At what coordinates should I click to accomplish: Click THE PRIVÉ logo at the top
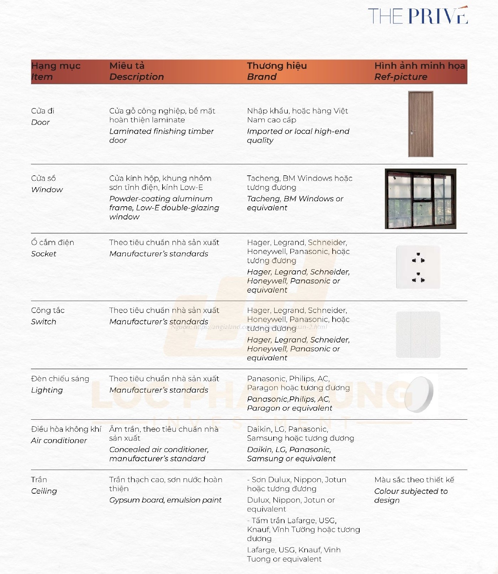pos(418,16)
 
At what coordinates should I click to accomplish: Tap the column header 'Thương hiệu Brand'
pos(276,71)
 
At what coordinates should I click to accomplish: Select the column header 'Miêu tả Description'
pos(136,71)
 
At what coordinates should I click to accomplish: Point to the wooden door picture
pos(420,124)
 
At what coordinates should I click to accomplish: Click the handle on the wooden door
pos(412,132)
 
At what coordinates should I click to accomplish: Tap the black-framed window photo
pos(420,198)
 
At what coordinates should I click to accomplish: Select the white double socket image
pos(418,267)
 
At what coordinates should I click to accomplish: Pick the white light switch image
pos(418,335)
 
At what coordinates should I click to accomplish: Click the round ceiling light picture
pos(419,394)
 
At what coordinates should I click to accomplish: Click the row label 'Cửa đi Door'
pos(42,116)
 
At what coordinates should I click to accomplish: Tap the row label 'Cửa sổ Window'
pos(47,184)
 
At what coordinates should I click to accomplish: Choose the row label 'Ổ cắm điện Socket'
pos(52,248)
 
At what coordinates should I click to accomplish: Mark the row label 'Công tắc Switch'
pos(48,316)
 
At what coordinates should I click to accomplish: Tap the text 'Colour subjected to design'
pos(411,495)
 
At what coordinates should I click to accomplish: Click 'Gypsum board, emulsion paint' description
pos(165,500)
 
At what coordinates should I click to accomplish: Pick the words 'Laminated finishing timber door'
pos(161,135)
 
